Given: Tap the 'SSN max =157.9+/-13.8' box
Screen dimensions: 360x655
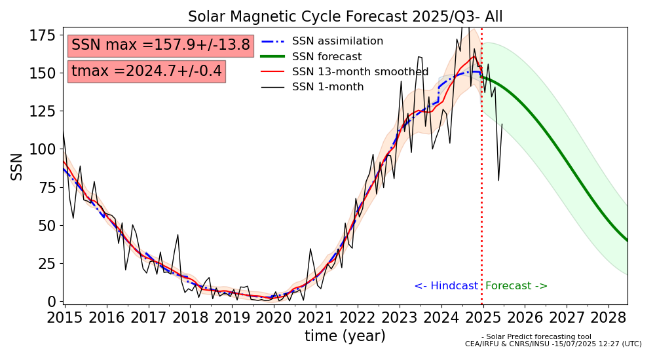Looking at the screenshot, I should tap(160, 45).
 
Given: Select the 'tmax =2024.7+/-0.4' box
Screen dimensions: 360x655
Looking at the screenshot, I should tap(146, 71).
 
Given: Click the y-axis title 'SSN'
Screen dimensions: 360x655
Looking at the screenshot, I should tap(17, 166).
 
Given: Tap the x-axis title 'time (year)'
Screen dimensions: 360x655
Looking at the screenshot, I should tap(345, 336).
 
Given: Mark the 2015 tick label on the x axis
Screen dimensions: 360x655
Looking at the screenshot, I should tap(64, 318).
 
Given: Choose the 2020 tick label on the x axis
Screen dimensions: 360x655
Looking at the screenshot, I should tap(273, 318).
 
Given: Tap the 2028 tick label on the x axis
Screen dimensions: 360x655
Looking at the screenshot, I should tap(608, 318).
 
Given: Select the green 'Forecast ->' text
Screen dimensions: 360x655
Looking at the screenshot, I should tap(516, 286).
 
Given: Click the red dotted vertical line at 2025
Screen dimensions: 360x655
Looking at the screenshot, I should tap(482, 196).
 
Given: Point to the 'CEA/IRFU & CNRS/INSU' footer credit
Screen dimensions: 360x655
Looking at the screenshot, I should tap(553, 344).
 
